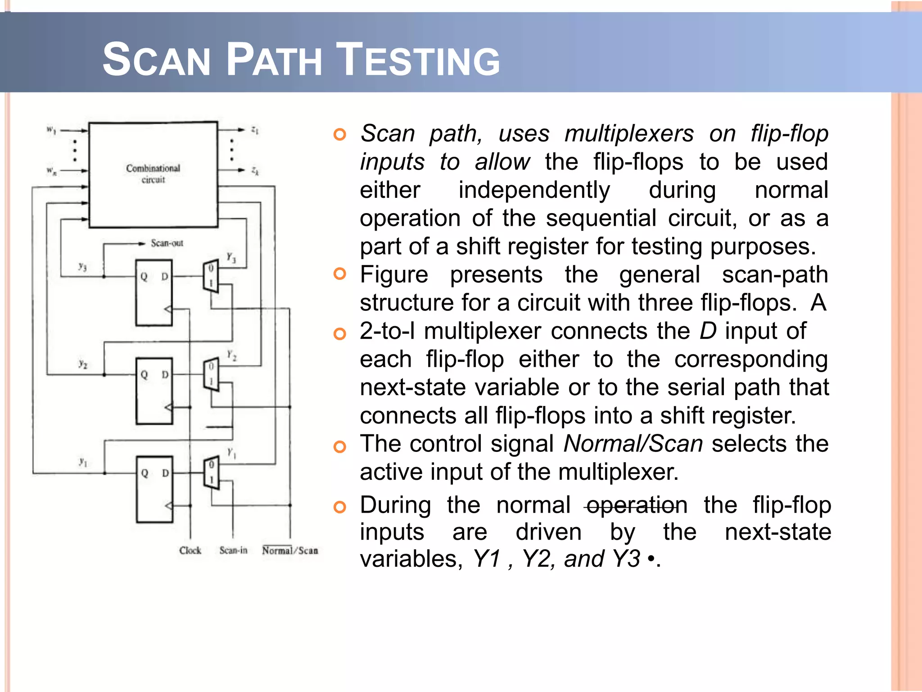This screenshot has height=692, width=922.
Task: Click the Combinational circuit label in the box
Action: pos(153,174)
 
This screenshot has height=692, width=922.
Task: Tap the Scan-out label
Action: pos(167,243)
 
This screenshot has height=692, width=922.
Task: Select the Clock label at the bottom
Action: pos(190,551)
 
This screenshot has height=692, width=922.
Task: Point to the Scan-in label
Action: pos(233,551)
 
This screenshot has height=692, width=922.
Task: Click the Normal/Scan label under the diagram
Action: pos(290,551)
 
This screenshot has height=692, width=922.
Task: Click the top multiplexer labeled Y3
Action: pos(211,276)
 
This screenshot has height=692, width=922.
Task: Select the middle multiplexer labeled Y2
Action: pos(211,374)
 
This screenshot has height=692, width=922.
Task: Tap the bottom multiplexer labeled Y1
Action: pos(211,473)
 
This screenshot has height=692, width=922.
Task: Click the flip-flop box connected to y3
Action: pos(154,293)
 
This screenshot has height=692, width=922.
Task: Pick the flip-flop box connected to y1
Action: pos(154,489)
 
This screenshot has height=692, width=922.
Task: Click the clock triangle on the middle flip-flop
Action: pos(168,407)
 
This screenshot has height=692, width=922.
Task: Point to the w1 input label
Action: pos(51,130)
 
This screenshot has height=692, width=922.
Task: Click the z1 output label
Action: pos(255,130)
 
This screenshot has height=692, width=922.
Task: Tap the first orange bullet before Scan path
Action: pos(340,134)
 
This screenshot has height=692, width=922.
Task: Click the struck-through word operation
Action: pos(637,505)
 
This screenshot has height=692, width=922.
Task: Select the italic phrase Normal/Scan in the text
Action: pos(633,444)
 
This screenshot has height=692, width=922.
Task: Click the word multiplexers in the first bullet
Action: pos(629,134)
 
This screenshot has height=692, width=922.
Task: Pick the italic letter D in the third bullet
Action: pos(708,331)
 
